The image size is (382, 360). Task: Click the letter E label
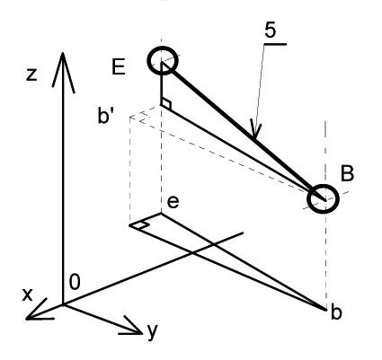119,67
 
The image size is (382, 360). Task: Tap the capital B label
348,173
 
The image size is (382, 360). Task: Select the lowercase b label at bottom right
336,312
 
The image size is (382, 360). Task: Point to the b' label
106,116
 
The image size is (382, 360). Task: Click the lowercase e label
173,202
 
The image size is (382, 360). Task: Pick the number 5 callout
270,31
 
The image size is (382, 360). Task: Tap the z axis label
31,75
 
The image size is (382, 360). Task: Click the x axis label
27,294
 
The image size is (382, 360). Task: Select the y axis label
153,332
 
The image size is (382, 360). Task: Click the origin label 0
75,282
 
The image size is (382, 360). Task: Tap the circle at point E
163,47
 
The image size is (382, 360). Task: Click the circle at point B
323,185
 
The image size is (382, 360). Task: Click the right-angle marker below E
166,104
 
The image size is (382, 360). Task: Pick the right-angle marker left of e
140,225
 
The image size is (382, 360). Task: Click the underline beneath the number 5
275,44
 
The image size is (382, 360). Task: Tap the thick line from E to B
244,131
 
